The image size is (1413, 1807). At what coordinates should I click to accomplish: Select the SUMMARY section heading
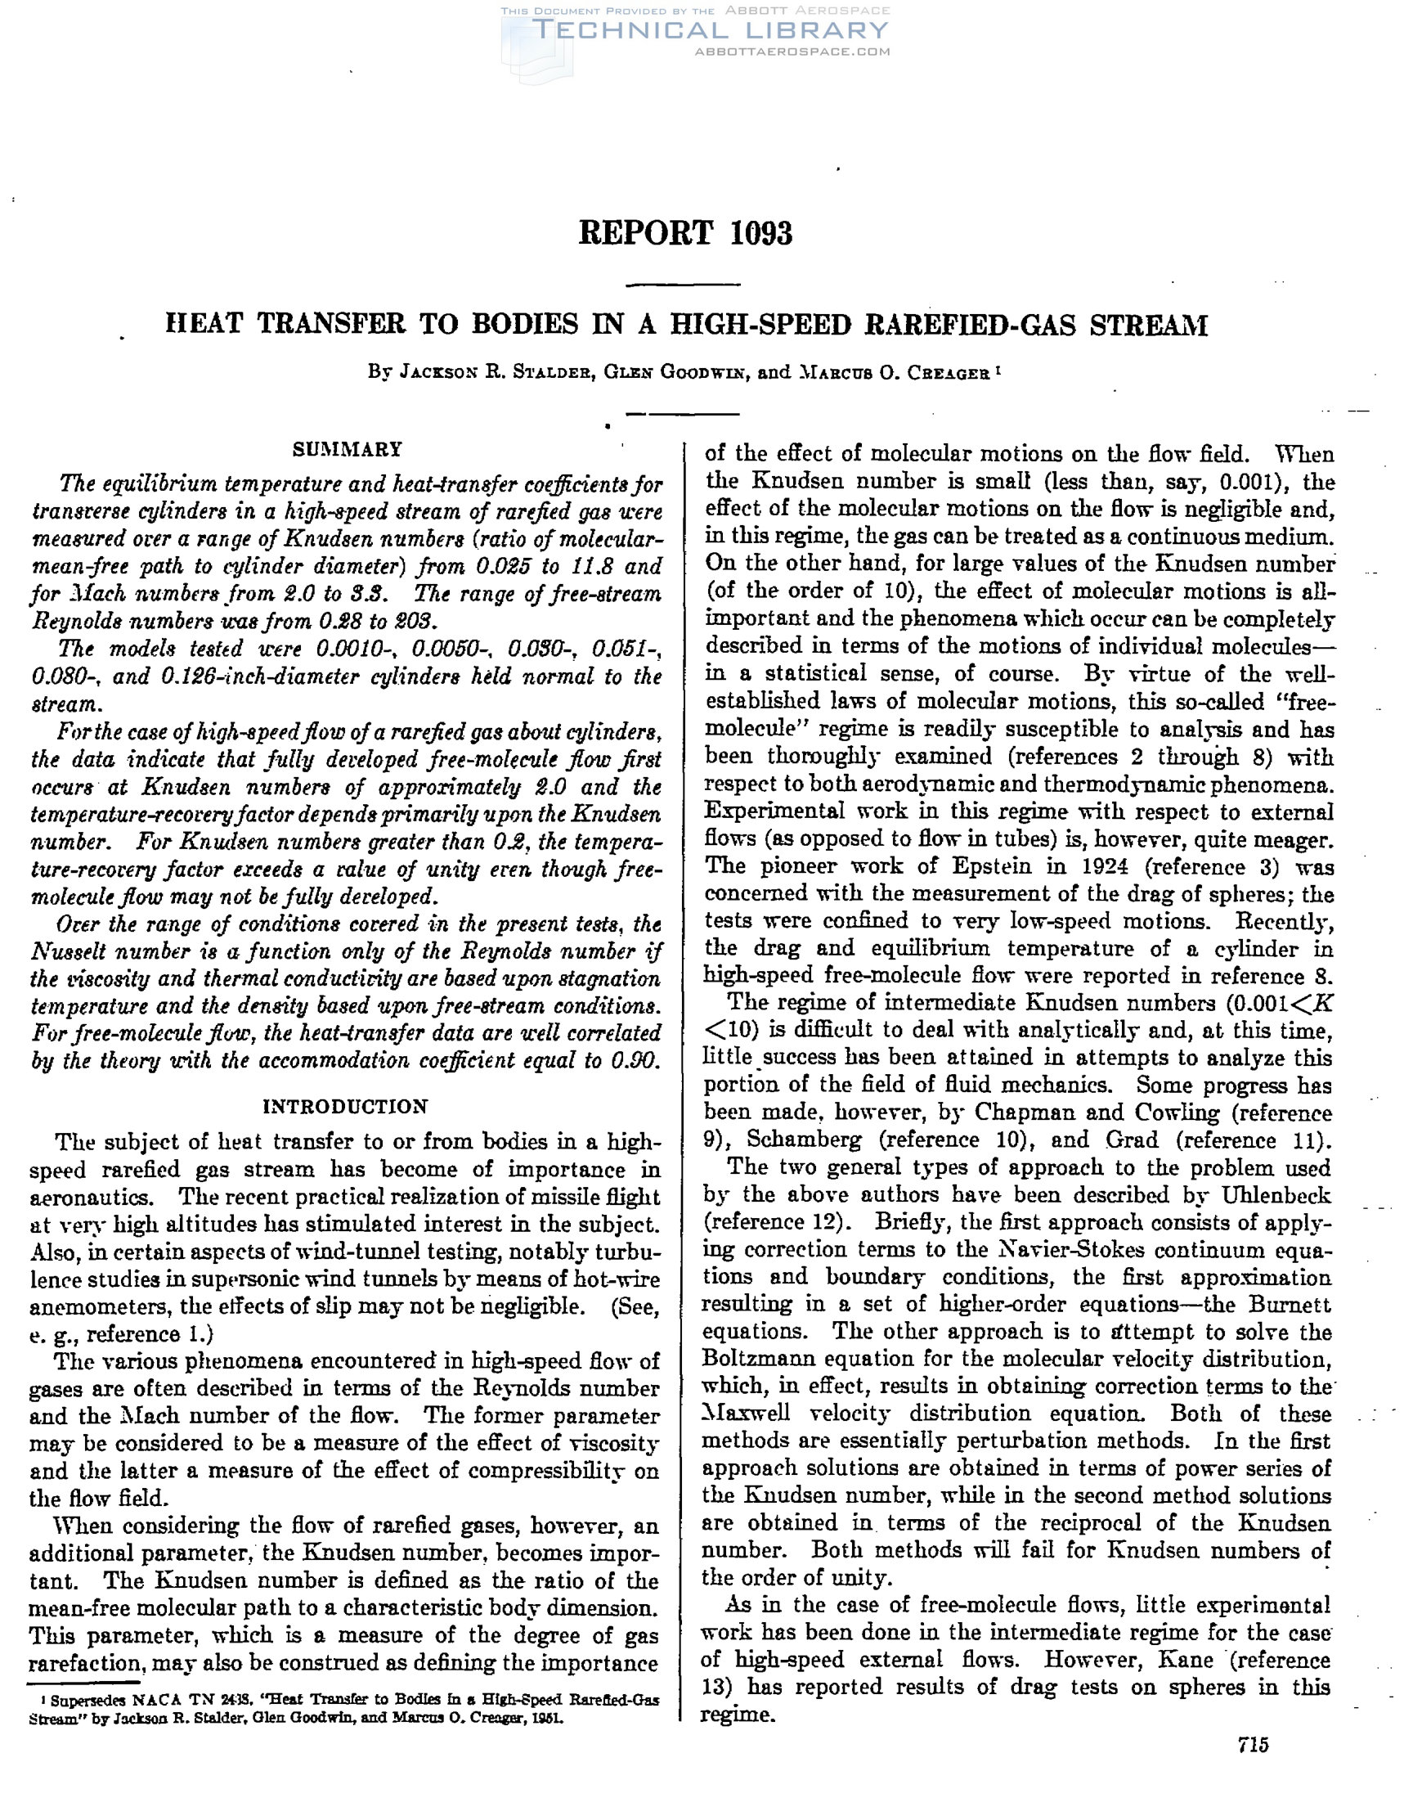tap(348, 449)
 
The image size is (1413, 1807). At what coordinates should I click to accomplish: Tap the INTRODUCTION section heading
tap(346, 1106)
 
